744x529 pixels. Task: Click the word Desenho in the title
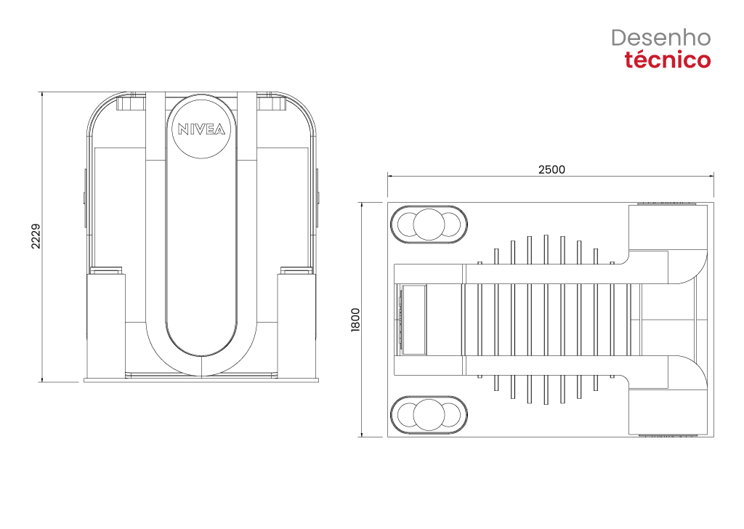[x=660, y=38]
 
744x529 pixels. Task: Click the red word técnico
[x=667, y=60]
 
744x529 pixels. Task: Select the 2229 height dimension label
[x=36, y=236]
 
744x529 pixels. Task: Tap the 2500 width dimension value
[x=551, y=169]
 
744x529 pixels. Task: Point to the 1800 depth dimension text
[x=355, y=320]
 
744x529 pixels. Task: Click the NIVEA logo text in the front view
[x=201, y=129]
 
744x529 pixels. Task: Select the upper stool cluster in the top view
[x=429, y=225]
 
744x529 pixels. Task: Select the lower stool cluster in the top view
[x=429, y=415]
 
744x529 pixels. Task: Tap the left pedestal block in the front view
[x=106, y=325]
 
